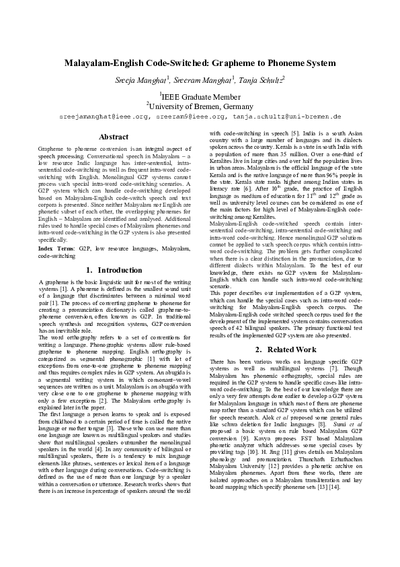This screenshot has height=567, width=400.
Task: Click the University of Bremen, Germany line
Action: pyautogui.click(x=200, y=106)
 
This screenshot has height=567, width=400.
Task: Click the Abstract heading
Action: pyautogui.click(x=114, y=137)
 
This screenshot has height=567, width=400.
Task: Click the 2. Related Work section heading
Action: pyautogui.click(x=286, y=349)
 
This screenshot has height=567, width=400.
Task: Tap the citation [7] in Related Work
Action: pyautogui.click(x=343, y=369)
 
